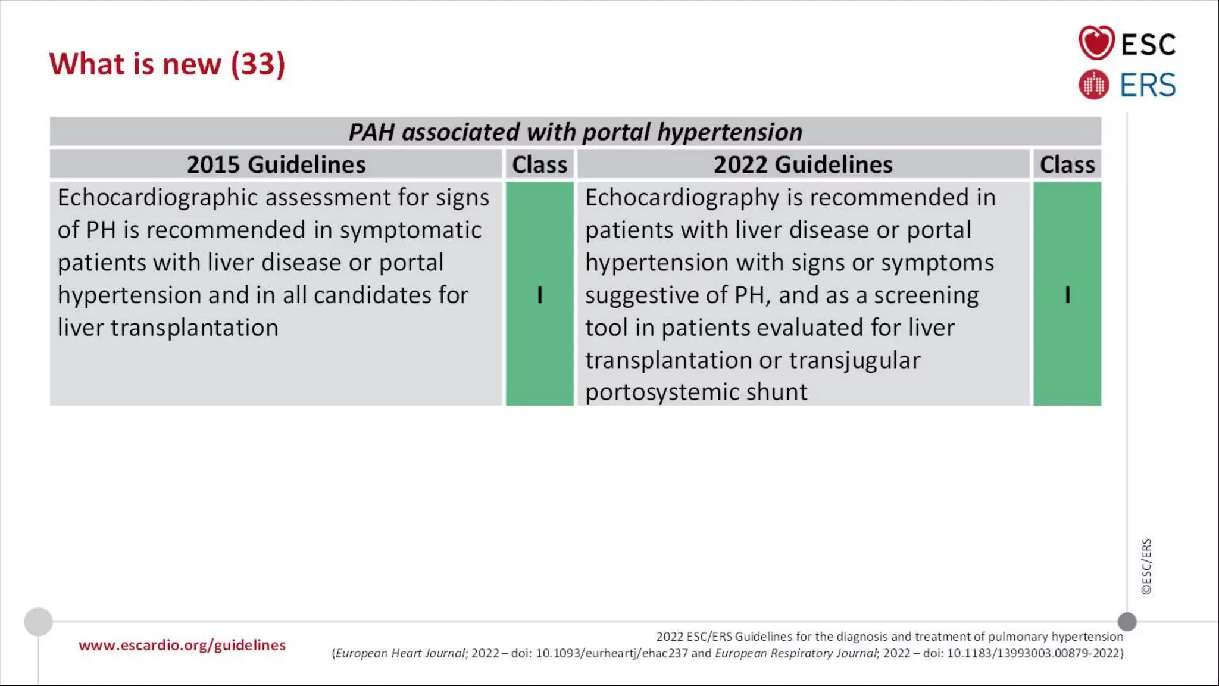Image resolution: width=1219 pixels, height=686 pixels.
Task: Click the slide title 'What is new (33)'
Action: pyautogui.click(x=167, y=64)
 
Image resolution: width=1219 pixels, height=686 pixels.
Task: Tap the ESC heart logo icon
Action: pyautogui.click(x=1096, y=43)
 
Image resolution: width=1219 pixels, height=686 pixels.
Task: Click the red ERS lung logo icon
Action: pyautogui.click(x=1093, y=85)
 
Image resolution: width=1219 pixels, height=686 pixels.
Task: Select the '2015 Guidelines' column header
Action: pyautogui.click(x=276, y=164)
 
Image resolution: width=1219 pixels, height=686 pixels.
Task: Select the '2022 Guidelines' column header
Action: pyautogui.click(x=803, y=164)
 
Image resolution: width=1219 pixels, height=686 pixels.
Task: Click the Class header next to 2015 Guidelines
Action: pyautogui.click(x=539, y=164)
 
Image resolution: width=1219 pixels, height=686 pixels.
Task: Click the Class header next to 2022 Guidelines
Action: pyautogui.click(x=1067, y=164)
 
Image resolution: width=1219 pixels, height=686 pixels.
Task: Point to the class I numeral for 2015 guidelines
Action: pyautogui.click(x=540, y=295)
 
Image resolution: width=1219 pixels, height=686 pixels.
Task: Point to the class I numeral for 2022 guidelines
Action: pyautogui.click(x=1067, y=295)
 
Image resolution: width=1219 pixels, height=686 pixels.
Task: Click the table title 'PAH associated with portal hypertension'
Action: pyautogui.click(x=575, y=132)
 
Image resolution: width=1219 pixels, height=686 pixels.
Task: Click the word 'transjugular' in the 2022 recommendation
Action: pyautogui.click(x=854, y=360)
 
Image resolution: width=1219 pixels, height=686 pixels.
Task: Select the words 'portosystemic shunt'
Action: pyautogui.click(x=696, y=392)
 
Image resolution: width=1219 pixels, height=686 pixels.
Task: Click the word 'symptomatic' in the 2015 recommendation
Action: pyautogui.click(x=410, y=230)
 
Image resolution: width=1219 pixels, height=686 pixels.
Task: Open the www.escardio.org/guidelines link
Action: pyautogui.click(x=182, y=645)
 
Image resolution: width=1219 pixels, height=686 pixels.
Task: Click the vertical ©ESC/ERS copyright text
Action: pyautogui.click(x=1146, y=566)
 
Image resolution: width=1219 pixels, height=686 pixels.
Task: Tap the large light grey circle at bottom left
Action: pyautogui.click(x=38, y=622)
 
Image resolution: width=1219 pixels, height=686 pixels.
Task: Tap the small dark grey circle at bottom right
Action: pyautogui.click(x=1127, y=622)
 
